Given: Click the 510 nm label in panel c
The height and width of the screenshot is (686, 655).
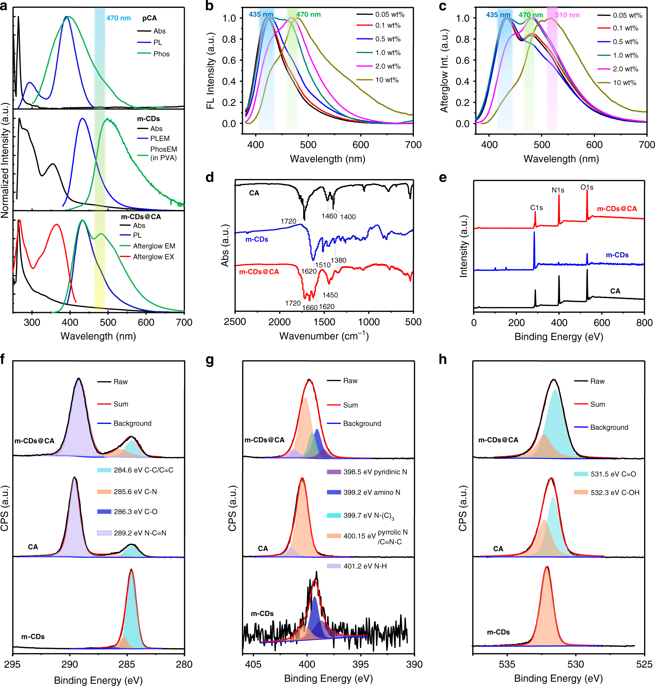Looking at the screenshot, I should click(567, 15).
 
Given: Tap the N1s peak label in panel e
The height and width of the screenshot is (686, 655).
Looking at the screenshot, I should click(558, 190).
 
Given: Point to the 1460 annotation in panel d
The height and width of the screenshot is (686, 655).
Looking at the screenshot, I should click(329, 216).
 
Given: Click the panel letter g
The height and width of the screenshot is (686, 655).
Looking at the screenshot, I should click(209, 359).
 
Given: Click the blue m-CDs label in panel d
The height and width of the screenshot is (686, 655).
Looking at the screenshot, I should click(256, 239).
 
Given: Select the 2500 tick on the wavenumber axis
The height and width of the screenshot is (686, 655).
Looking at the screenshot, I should click(235, 322).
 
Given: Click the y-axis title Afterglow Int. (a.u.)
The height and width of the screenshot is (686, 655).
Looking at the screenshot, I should click(444, 71).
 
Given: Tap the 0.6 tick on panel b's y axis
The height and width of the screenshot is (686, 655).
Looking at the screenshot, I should click(229, 60).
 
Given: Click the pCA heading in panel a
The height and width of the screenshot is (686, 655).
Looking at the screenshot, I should click(150, 18).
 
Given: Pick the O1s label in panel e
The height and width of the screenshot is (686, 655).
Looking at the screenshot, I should click(587, 187).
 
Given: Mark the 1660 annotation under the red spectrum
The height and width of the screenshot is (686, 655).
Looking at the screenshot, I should click(310, 307).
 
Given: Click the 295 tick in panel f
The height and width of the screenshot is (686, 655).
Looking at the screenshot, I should click(13, 664).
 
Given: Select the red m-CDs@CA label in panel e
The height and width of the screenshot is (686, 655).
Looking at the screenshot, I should click(617, 208).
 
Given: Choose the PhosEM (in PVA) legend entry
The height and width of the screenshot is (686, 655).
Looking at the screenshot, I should click(163, 153).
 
